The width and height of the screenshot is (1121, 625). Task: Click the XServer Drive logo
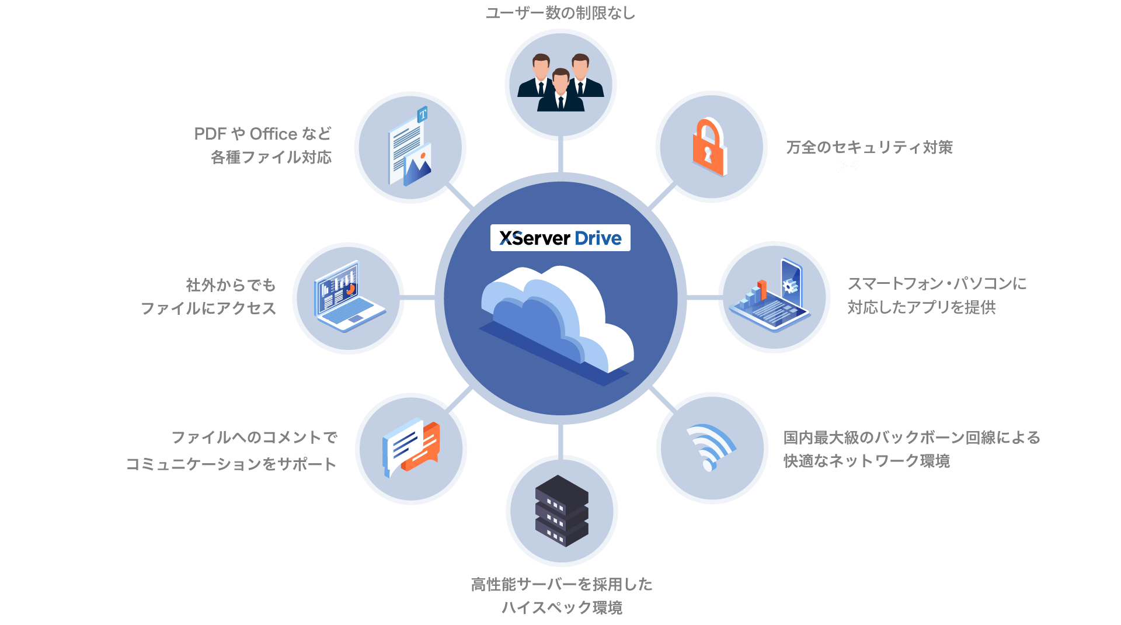pyautogui.click(x=560, y=238)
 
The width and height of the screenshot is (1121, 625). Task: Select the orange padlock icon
pyautogui.click(x=709, y=147)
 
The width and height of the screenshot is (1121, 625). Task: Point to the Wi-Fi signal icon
pyautogui.click(x=711, y=447)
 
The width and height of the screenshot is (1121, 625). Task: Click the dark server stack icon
pyautogui.click(x=562, y=511)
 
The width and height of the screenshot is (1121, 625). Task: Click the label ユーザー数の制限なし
pyautogui.click(x=560, y=13)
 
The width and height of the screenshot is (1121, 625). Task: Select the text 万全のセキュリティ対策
pyautogui.click(x=869, y=147)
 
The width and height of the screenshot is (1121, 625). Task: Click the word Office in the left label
pyautogui.click(x=273, y=134)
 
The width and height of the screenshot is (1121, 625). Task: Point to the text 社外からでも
pyautogui.click(x=231, y=285)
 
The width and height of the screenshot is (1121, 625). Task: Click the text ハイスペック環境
pyautogui.click(x=562, y=608)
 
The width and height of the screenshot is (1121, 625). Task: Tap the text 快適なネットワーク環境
pyautogui.click(x=866, y=461)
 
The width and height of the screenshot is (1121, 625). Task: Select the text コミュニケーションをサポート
pyautogui.click(x=231, y=464)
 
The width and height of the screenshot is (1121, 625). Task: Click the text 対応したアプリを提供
pyautogui.click(x=921, y=307)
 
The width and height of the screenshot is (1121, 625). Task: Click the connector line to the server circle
pyautogui.click(x=560, y=439)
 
